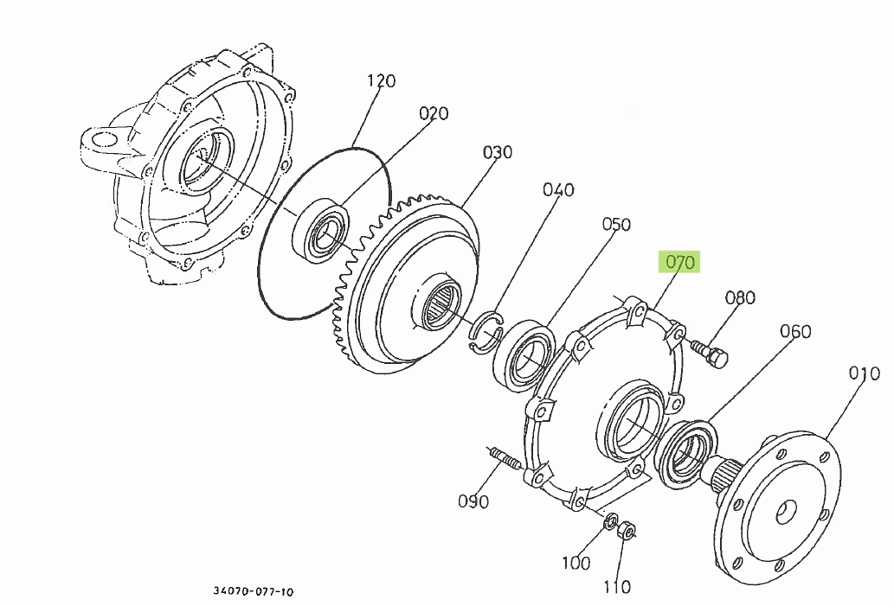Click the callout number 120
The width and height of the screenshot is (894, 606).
[381, 81]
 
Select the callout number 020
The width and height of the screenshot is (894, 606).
[434, 113]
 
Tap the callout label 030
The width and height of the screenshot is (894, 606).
[498, 152]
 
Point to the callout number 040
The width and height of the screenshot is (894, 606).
[558, 189]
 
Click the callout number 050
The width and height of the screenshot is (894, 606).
[617, 225]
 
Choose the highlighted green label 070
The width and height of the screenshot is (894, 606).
[680, 262]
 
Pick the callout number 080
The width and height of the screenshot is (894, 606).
[740, 297]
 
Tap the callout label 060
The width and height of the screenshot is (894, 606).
[795, 331]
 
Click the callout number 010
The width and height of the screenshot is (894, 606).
[864, 373]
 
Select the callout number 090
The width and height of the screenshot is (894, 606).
[473, 501]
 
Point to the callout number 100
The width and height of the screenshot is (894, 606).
[576, 563]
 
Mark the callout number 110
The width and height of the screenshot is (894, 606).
[617, 587]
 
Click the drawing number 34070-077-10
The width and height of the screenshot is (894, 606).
[254, 592]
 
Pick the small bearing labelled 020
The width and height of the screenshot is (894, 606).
[326, 232]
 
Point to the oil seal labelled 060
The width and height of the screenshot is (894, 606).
[688, 450]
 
